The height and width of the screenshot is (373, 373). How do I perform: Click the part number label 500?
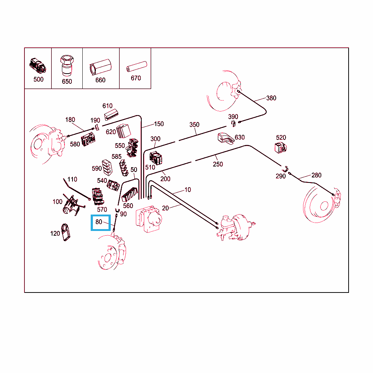click(x=38, y=79)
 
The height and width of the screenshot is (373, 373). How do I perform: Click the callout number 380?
click(x=271, y=98)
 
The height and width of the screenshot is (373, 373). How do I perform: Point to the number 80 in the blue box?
click(x=99, y=222)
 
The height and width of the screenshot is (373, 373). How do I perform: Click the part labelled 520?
click(x=280, y=148)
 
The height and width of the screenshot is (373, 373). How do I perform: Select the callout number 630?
click(x=240, y=137)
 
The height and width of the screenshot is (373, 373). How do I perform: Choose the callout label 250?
click(x=218, y=164)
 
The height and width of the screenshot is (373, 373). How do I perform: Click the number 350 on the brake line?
click(x=195, y=125)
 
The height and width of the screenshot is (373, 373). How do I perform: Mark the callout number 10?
click(x=188, y=190)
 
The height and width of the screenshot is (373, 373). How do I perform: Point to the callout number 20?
click(x=165, y=208)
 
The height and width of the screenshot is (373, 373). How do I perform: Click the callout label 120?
click(x=55, y=233)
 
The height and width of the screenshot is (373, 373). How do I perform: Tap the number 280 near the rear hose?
click(x=317, y=175)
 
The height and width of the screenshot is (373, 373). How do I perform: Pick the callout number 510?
click(x=150, y=168)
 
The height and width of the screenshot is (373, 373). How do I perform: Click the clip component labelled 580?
click(x=88, y=140)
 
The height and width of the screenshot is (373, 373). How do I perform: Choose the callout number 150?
click(x=159, y=124)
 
